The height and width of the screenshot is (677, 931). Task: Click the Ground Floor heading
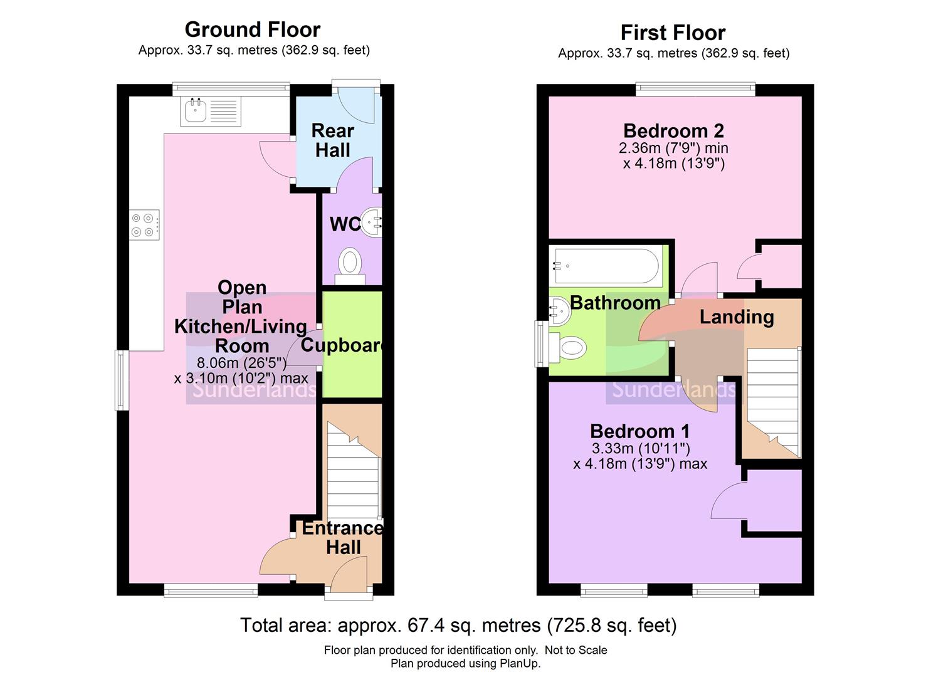click(x=252, y=29)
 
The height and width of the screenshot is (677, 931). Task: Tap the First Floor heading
click(x=673, y=33)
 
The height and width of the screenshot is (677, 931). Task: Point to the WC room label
click(x=344, y=224)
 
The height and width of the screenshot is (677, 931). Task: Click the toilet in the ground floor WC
click(x=350, y=264)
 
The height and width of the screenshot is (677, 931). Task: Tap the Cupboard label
click(x=342, y=345)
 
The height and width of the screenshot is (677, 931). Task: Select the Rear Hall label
click(x=333, y=140)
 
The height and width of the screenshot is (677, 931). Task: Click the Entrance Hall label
click(x=343, y=537)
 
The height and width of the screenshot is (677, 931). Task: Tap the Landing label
click(x=737, y=317)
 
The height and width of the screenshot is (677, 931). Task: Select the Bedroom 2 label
click(x=673, y=131)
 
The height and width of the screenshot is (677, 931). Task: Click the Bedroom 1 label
click(x=639, y=431)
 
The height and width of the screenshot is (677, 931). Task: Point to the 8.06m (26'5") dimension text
click(x=241, y=363)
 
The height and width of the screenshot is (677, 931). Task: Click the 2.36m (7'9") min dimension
click(x=673, y=149)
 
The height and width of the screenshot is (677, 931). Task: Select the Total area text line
click(x=458, y=625)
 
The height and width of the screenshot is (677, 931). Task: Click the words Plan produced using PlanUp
click(x=465, y=663)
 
